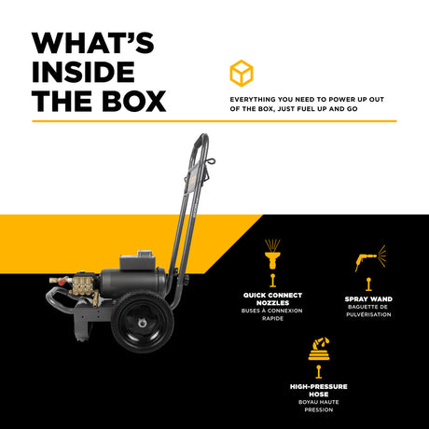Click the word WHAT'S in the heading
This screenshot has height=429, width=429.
pyautogui.click(x=93, y=44)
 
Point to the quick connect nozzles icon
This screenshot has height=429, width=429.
pyautogui.click(x=271, y=256)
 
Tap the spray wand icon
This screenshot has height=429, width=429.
pyautogui.click(x=368, y=258)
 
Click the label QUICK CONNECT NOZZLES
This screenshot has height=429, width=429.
pyautogui.click(x=271, y=299)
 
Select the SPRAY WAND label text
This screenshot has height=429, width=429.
pyautogui.click(x=368, y=300)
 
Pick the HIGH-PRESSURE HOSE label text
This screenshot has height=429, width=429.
pyautogui.click(x=320, y=390)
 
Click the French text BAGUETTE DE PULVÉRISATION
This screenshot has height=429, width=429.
pyautogui.click(x=368, y=311)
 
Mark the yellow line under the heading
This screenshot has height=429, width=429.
pyautogui.click(x=214, y=120)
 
